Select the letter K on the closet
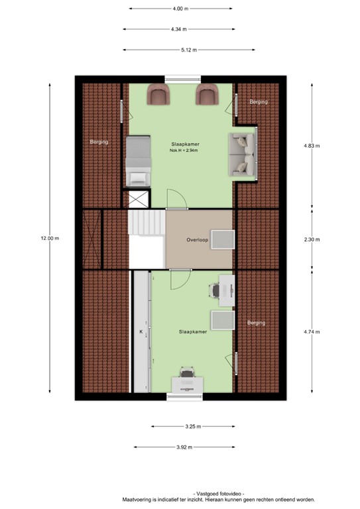[141, 331]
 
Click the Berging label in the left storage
[99, 142]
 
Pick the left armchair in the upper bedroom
[158, 96]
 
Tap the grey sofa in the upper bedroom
[242, 155]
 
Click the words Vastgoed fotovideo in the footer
[218, 494]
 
